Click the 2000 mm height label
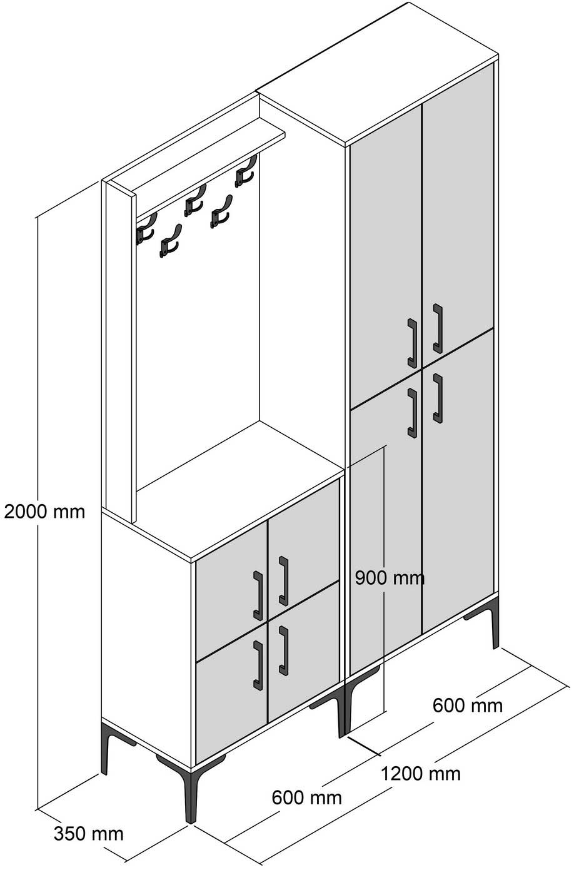point(44,511)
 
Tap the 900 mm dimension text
point(390,577)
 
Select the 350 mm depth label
point(88,833)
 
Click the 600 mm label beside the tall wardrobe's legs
point(467,705)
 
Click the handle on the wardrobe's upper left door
point(412,343)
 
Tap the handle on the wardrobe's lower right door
point(437,398)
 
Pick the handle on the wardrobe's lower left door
point(412,412)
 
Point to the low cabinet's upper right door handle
point(283,581)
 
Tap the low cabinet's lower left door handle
point(257,665)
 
